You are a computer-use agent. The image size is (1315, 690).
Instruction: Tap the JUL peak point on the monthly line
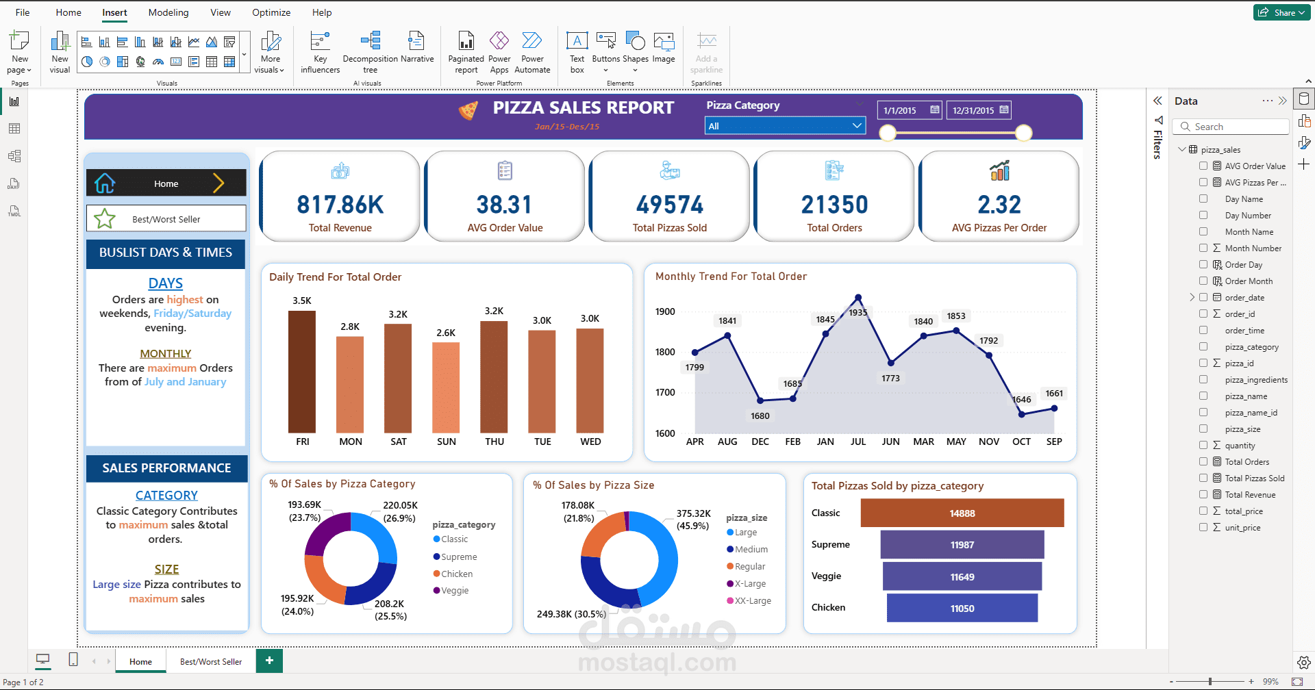click(858, 298)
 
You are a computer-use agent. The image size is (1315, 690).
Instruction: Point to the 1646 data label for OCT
click(1021, 400)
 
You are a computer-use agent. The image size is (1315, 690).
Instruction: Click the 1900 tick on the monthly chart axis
click(665, 311)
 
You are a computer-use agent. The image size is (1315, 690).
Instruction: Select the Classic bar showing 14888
click(962, 513)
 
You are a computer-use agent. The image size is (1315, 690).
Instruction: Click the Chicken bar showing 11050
click(962, 609)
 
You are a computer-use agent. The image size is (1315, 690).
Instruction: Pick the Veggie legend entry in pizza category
click(454, 591)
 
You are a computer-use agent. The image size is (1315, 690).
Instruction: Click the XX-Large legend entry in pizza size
click(752, 601)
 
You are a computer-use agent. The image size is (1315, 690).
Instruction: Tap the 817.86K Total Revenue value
click(340, 205)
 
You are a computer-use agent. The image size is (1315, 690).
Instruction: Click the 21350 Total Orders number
click(834, 205)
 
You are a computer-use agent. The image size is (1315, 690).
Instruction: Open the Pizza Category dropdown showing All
click(784, 126)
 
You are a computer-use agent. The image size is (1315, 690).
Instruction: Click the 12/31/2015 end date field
click(973, 110)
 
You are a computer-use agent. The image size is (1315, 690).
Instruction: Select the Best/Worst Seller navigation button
click(166, 219)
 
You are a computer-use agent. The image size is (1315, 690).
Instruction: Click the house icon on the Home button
click(105, 183)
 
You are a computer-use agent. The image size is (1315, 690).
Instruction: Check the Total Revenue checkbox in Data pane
click(1203, 494)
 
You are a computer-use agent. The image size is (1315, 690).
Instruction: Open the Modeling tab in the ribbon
click(168, 12)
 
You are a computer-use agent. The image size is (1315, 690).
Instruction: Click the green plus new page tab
click(269, 661)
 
